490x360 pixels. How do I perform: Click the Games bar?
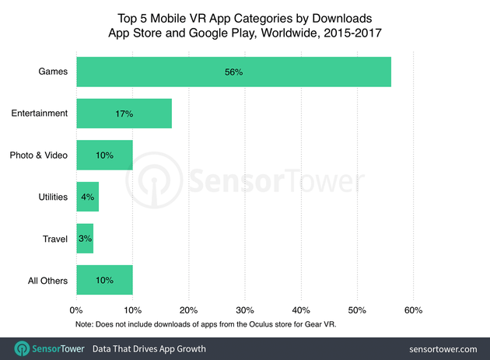click(x=233, y=72)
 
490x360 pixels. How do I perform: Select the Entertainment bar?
click(x=124, y=114)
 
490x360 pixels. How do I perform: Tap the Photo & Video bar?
click(x=104, y=156)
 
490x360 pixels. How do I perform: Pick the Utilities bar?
click(x=87, y=197)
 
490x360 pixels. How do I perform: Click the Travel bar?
click(x=85, y=239)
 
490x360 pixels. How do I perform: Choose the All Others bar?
click(x=104, y=281)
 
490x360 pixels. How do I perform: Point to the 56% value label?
click(x=233, y=72)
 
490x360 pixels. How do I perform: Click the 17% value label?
click(x=124, y=114)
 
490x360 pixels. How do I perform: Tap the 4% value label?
click(x=86, y=197)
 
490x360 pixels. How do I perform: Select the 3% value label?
click(x=85, y=239)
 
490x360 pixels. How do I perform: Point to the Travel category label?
click(x=54, y=239)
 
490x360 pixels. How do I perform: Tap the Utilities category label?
click(x=51, y=197)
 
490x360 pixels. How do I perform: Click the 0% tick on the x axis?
click(x=76, y=310)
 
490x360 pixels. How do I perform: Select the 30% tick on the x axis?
click(x=245, y=310)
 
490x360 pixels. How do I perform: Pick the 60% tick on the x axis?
click(x=413, y=310)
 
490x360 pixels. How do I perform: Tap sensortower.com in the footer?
click(x=439, y=348)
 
